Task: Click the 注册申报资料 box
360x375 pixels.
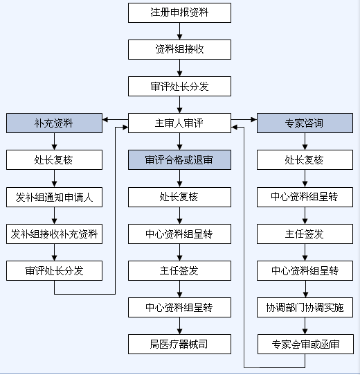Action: tap(179, 13)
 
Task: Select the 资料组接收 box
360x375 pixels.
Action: tap(179, 49)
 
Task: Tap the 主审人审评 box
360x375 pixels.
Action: tap(179, 123)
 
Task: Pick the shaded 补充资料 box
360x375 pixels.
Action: tap(54, 123)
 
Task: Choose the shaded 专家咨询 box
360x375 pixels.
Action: tap(305, 123)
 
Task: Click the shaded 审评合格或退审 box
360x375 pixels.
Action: tap(179, 160)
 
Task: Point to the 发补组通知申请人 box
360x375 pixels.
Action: tap(54, 198)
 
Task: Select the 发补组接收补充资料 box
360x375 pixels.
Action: tap(54, 234)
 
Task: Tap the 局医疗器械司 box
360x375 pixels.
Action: tap(179, 344)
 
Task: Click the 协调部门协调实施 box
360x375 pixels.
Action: tap(305, 308)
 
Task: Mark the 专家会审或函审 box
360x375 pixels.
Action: tap(305, 344)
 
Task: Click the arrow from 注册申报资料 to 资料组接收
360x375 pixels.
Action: tap(179, 31)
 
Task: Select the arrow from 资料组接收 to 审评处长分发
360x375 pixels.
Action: tap(179, 68)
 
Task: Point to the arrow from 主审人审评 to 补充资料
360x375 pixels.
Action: tap(115, 120)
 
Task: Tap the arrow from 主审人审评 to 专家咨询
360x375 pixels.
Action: tap(244, 120)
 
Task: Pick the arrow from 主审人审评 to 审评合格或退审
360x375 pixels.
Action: tap(179, 141)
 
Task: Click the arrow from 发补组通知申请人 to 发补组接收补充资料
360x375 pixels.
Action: tap(54, 216)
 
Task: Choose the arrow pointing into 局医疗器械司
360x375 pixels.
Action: tap(179, 326)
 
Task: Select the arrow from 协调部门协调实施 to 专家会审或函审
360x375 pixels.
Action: tap(305, 326)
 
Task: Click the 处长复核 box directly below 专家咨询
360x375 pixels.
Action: tap(305, 160)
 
